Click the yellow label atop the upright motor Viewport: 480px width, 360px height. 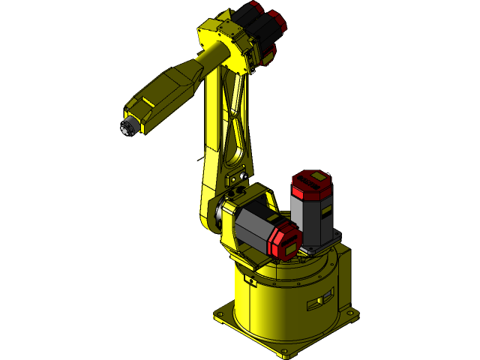pos(315,177)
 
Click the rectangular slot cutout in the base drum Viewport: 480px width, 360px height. pos(322,301)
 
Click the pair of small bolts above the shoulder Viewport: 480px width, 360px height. pos(241,177)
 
